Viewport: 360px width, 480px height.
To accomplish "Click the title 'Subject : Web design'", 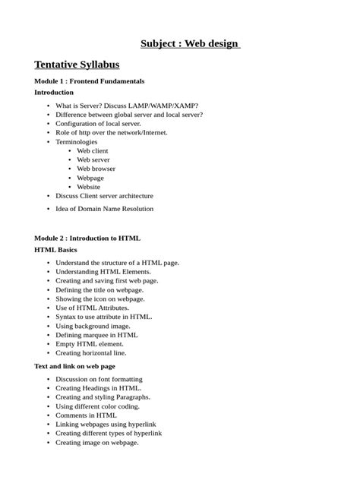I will (191, 43).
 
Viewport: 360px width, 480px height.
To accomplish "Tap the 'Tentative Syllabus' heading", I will (77, 65).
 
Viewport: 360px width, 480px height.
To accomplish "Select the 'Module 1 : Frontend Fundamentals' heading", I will (90, 81).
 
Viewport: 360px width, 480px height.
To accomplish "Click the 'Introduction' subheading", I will (58, 92).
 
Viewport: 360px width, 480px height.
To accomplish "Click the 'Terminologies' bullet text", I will (77, 141).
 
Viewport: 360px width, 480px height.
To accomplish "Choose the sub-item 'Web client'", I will (93, 150).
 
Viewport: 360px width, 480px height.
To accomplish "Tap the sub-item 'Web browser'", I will (96, 169).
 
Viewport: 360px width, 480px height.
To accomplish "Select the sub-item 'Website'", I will (88, 186).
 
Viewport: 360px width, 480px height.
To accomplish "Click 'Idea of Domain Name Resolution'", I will (105, 208).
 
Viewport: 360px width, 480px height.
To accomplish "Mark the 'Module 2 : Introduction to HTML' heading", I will (87, 238).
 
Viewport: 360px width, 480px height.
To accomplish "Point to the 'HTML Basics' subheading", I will (56, 249).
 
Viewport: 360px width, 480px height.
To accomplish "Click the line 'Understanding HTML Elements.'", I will (103, 271).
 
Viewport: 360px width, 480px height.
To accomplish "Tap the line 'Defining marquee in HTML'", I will (97, 334).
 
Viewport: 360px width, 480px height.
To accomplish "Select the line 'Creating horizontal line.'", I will (91, 352).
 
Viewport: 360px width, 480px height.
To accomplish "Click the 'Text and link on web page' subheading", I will (75, 366).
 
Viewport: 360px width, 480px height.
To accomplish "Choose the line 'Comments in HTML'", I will (87, 415).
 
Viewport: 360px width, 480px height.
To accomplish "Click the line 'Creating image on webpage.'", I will (97, 442).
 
